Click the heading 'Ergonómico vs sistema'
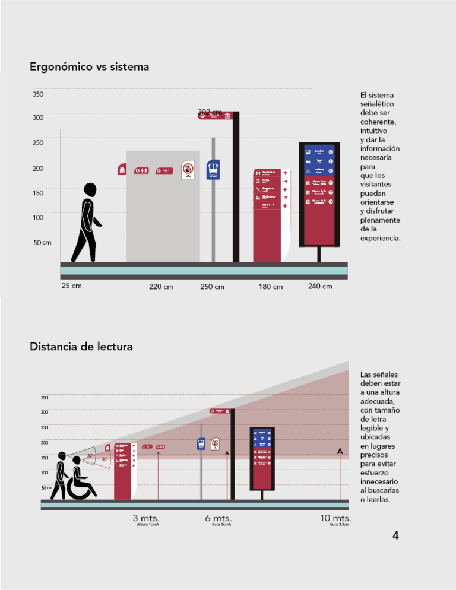click(89, 67)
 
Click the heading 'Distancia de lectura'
click(81, 346)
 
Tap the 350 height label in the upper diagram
click(38, 94)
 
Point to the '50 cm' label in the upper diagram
click(42, 242)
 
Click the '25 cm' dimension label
click(71, 286)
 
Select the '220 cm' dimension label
click(161, 287)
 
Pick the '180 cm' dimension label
click(271, 287)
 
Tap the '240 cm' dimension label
click(320, 286)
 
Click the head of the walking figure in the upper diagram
click(90, 190)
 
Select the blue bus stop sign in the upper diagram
click(213, 169)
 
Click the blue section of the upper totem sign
click(319, 160)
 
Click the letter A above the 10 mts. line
click(340, 452)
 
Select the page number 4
click(395, 536)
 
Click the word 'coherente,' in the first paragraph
click(378, 122)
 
